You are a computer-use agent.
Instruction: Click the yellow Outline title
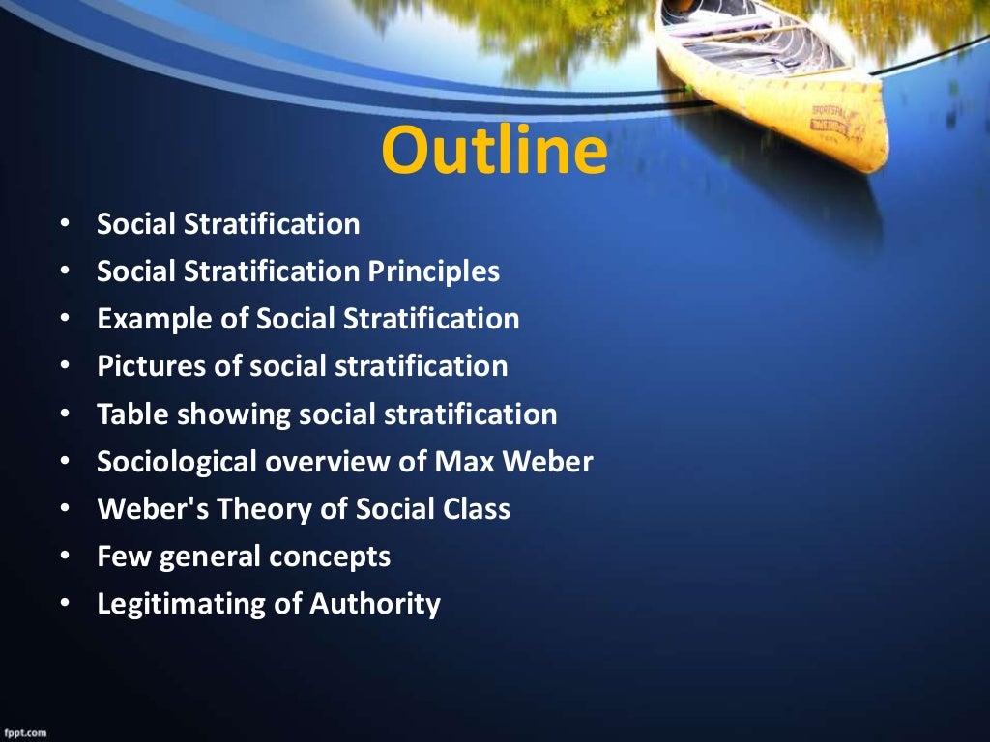494,152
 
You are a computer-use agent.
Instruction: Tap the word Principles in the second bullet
433,271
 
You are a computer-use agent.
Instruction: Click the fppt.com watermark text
25,733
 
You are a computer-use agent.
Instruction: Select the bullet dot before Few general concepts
65,556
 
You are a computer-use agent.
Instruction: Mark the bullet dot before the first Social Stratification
65,225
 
